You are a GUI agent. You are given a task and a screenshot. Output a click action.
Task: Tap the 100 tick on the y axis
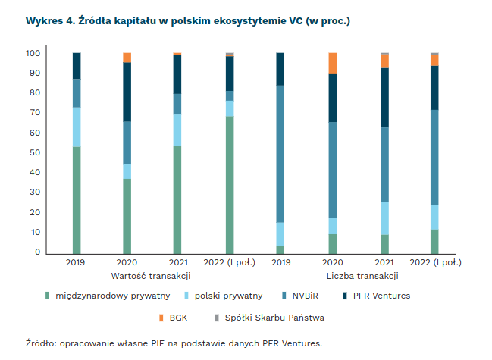pos(33,54)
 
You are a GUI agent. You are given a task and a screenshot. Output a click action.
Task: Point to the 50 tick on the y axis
pos(35,153)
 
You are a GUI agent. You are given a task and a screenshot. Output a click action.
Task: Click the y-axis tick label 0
pos(37,252)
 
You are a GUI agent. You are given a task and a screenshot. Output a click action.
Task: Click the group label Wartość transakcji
pos(150,275)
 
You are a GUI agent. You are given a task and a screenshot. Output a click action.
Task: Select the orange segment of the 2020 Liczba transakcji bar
pos(332,63)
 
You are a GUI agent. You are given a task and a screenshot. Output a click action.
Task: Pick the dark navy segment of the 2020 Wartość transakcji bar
pos(127,92)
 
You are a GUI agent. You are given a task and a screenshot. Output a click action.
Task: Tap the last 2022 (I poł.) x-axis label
pos(434,263)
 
